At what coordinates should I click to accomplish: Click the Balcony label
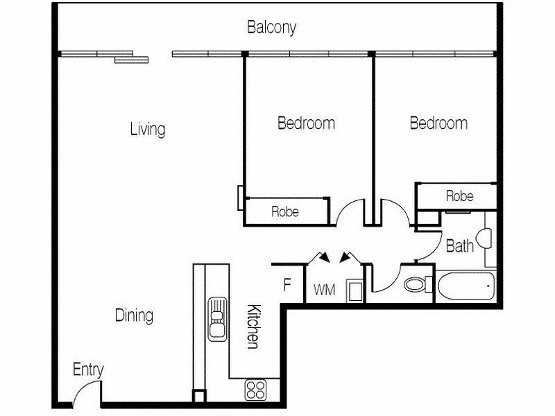(272, 28)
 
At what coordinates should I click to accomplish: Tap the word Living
(148, 130)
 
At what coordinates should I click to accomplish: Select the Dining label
(134, 316)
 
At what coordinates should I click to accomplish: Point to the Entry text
(88, 370)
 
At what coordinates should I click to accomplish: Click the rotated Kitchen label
(253, 327)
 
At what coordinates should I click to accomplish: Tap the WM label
(325, 291)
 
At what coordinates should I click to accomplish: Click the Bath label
(459, 245)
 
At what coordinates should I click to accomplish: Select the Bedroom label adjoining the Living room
(306, 123)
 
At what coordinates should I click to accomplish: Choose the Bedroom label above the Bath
(438, 123)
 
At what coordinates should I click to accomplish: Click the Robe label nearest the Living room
(284, 211)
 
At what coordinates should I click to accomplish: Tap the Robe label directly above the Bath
(459, 196)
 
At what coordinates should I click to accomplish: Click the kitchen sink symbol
(217, 318)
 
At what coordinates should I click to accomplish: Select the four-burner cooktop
(254, 390)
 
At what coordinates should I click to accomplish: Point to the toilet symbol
(416, 285)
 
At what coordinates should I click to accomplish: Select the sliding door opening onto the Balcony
(132, 58)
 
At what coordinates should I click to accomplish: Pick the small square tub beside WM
(354, 291)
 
